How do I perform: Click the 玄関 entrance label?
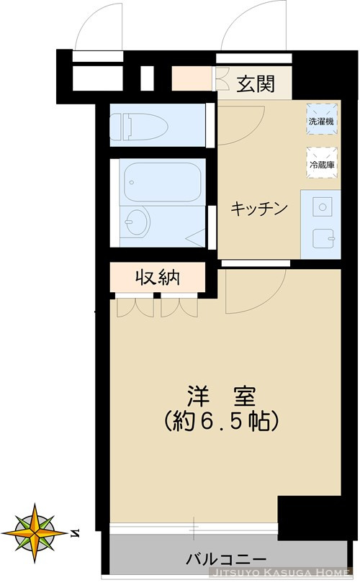255,84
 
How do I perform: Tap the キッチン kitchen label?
259,209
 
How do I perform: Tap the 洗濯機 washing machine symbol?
320,120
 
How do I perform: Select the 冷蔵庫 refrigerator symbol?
320,163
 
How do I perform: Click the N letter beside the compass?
76,533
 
